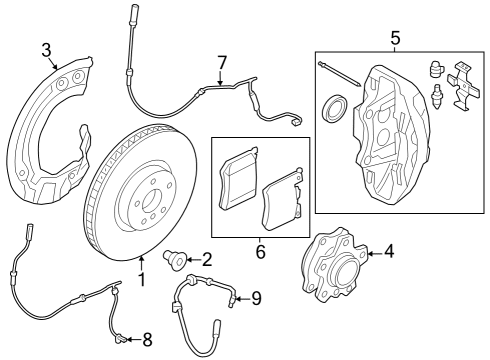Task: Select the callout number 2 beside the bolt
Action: [x=207, y=260]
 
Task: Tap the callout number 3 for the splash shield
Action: [x=46, y=50]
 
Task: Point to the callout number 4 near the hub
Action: [x=388, y=252]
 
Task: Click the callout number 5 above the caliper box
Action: [x=394, y=38]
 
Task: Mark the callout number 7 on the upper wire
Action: [x=222, y=64]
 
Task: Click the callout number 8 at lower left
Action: [x=147, y=342]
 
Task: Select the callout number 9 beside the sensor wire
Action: [x=255, y=297]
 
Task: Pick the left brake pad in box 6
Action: [x=239, y=178]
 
